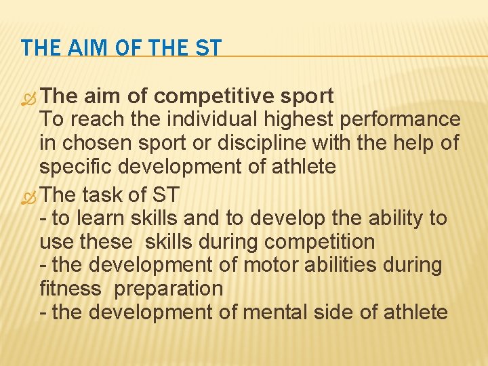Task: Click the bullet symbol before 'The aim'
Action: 29,97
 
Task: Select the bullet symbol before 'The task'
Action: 29,196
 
